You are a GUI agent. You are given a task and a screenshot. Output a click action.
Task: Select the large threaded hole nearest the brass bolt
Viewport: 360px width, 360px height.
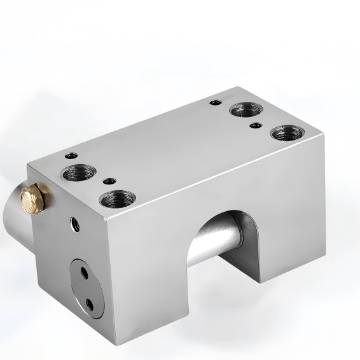tap(78, 172)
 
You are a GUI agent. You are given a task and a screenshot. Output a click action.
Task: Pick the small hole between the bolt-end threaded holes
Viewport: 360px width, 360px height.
tap(111, 180)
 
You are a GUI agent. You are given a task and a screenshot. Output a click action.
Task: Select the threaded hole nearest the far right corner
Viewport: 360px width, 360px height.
tap(282, 134)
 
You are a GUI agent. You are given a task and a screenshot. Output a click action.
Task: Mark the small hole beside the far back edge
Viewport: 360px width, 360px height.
tap(217, 101)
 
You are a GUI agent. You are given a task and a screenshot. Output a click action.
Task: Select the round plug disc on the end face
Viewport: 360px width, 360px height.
tap(86, 286)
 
